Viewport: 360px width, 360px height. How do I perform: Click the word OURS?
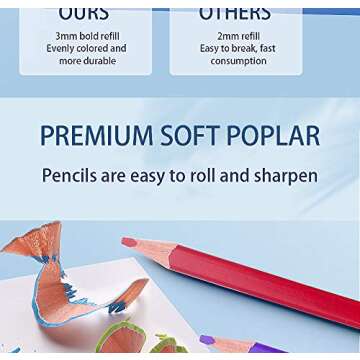point(83,13)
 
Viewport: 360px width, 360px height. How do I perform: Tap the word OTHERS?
point(235,13)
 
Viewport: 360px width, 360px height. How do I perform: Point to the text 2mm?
point(224,36)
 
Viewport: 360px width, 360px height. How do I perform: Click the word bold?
point(99,36)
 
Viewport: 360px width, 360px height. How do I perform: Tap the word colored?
point(108,48)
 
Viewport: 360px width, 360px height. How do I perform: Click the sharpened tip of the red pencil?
point(128,243)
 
